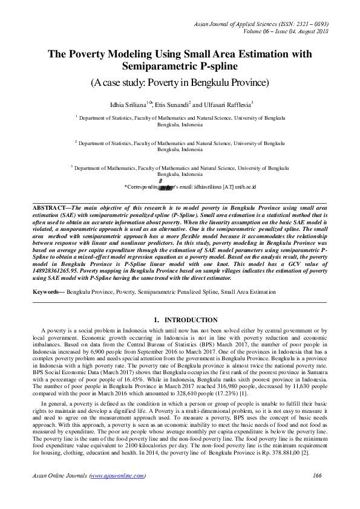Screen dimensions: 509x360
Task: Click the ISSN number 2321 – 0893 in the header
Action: (306, 23)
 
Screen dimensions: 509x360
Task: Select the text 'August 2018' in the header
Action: (312, 31)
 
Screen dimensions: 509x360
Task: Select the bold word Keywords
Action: (48, 292)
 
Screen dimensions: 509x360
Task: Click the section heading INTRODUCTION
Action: (192, 320)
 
